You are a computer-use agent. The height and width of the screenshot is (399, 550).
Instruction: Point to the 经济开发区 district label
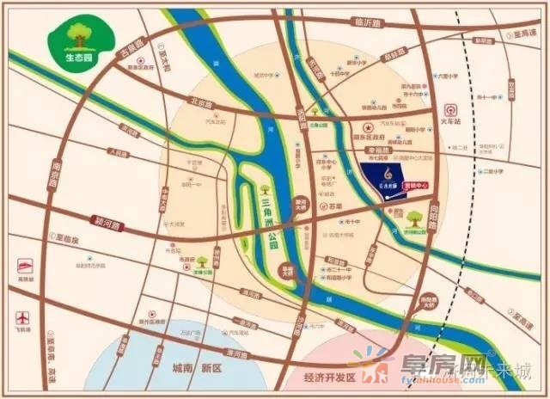click(323, 376)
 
